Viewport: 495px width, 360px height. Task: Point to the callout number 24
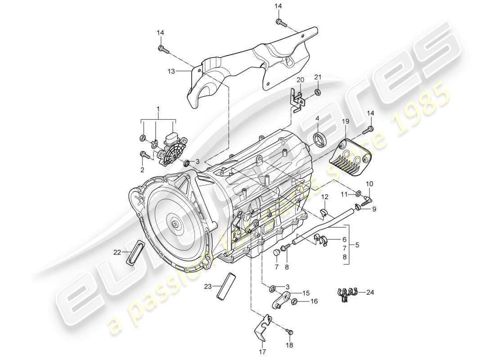(x=370, y=292)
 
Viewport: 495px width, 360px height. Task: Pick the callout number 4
(x=317, y=119)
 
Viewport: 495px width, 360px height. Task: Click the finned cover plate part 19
(x=351, y=156)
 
